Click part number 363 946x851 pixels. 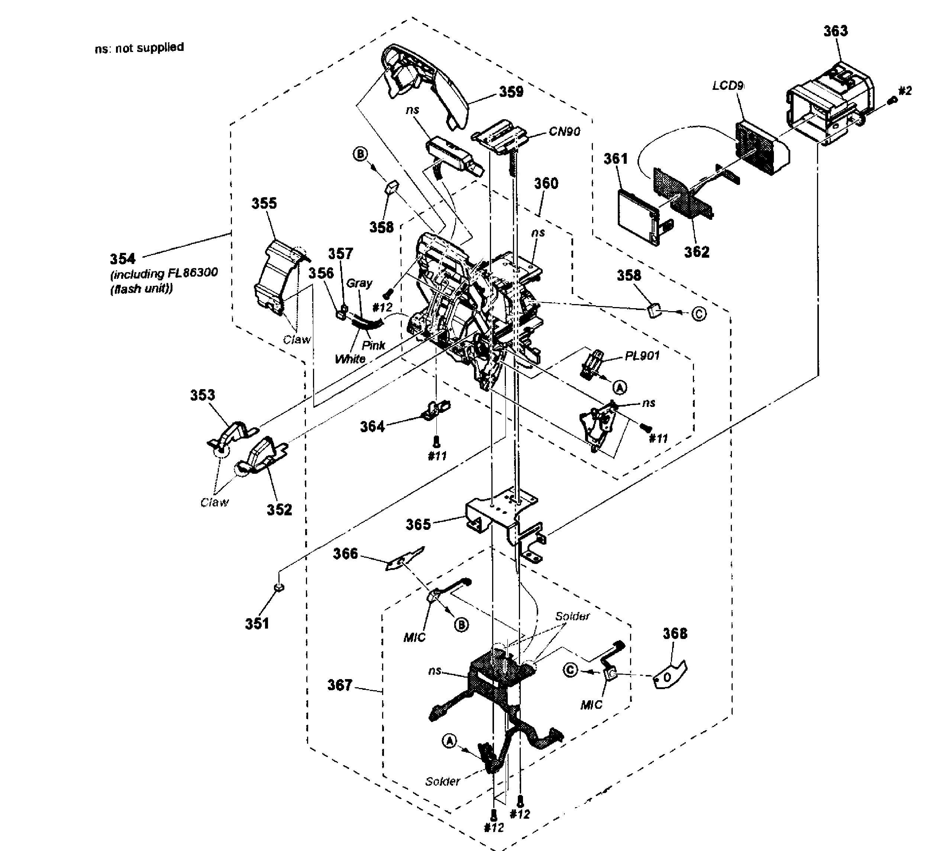836,31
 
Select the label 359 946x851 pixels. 511,92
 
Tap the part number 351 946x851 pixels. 257,623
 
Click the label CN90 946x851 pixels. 564,132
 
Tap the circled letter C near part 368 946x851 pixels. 570,670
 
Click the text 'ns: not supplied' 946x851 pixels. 139,48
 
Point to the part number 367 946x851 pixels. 339,685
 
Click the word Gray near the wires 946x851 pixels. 359,283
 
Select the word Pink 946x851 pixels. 373,346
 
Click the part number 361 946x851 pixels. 615,159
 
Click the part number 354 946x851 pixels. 123,259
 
